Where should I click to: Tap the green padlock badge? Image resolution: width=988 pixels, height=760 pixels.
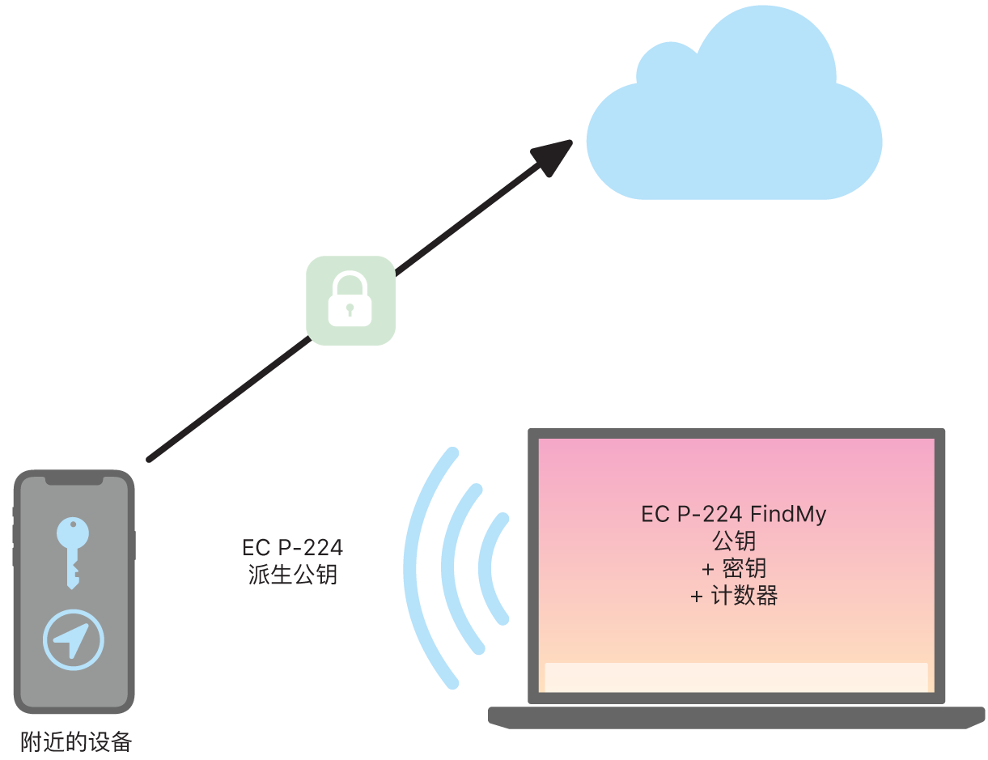pyautogui.click(x=350, y=300)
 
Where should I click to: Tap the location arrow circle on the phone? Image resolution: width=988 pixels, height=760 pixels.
pyautogui.click(x=74, y=639)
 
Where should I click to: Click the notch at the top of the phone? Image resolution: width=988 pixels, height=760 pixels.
pyautogui.click(x=74, y=480)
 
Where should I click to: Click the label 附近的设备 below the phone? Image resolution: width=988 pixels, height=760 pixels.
pyautogui.click(x=76, y=742)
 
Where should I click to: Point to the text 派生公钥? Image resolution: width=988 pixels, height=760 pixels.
pyautogui.click(x=292, y=575)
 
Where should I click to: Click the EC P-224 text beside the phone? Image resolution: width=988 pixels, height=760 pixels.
pyautogui.click(x=292, y=548)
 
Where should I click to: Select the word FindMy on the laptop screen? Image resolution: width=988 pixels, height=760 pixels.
pyautogui.click(x=788, y=514)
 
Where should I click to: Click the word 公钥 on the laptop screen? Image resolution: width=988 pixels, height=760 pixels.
pyautogui.click(x=734, y=541)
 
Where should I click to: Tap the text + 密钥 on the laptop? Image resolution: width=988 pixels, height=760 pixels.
pyautogui.click(x=734, y=569)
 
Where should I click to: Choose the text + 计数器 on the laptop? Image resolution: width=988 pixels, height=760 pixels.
pyautogui.click(x=734, y=597)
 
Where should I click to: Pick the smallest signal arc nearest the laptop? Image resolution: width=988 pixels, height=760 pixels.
pyautogui.click(x=485, y=567)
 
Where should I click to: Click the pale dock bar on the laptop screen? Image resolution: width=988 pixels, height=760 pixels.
pyautogui.click(x=736, y=677)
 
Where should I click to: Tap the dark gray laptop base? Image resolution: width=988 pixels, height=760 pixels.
pyautogui.click(x=736, y=716)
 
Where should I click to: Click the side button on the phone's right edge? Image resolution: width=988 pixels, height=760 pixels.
pyautogui.click(x=134, y=546)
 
